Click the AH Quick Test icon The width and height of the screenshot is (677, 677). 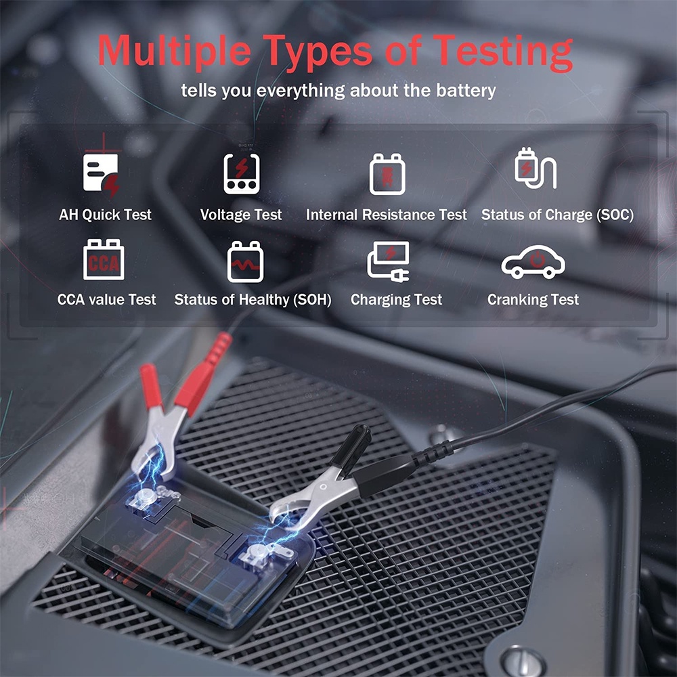click(x=102, y=175)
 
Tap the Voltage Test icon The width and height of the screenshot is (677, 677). click(x=242, y=173)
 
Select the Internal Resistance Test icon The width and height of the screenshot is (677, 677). click(x=387, y=174)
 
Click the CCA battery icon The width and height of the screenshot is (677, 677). click(x=104, y=259)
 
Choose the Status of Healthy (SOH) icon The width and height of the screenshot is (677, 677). click(x=244, y=261)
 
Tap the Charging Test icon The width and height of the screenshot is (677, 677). click(x=388, y=261)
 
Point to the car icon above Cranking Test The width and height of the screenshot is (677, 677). click(x=533, y=261)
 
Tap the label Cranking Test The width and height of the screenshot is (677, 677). click(x=533, y=299)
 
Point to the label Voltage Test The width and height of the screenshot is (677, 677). click(x=241, y=215)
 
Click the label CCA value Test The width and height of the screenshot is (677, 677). click(x=107, y=299)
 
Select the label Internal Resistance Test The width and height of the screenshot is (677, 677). click(x=387, y=215)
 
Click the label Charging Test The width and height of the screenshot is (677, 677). click(x=396, y=299)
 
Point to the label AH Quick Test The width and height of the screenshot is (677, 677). click(x=105, y=215)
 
